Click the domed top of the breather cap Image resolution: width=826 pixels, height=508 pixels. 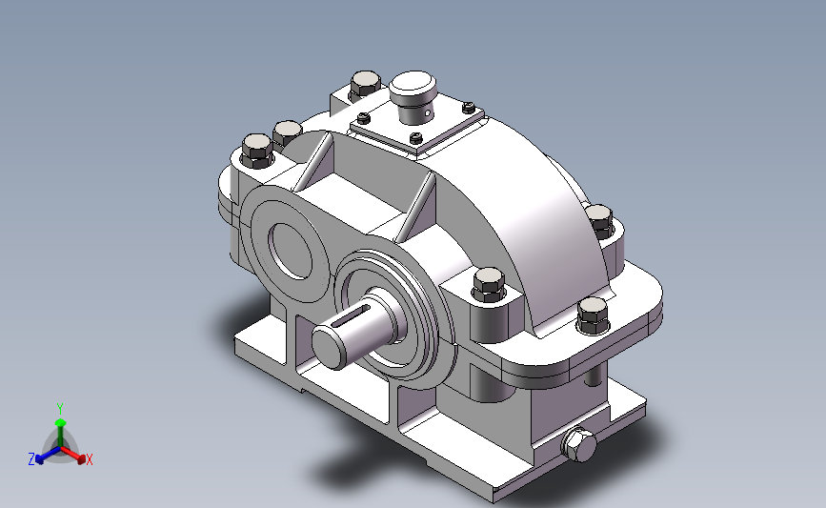pyautogui.click(x=413, y=84)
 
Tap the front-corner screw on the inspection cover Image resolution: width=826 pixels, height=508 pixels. pyautogui.click(x=415, y=138)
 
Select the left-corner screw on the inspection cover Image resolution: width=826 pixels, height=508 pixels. pyautogui.click(x=364, y=117)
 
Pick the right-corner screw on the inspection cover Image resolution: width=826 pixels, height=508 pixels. pyautogui.click(x=469, y=108)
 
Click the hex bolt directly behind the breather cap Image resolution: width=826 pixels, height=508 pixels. pyautogui.click(x=365, y=84)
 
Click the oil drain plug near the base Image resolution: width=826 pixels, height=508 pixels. pyautogui.click(x=578, y=445)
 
